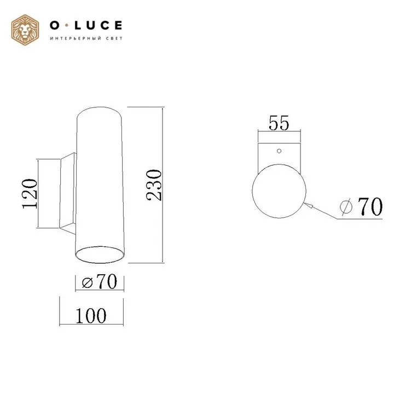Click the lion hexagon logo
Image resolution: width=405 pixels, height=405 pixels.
tap(25, 30)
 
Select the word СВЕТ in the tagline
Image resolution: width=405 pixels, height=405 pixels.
tap(114, 38)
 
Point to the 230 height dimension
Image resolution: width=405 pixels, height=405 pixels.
tap(154, 185)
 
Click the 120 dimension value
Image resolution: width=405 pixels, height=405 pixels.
tap(30, 194)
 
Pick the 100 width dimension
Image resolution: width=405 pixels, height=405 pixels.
tap(91, 316)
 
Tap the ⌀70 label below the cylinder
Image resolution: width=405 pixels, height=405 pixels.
tap(100, 281)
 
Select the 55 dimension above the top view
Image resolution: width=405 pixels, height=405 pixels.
tap(279, 123)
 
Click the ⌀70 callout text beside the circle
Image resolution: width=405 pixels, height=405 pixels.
tap(361, 206)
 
